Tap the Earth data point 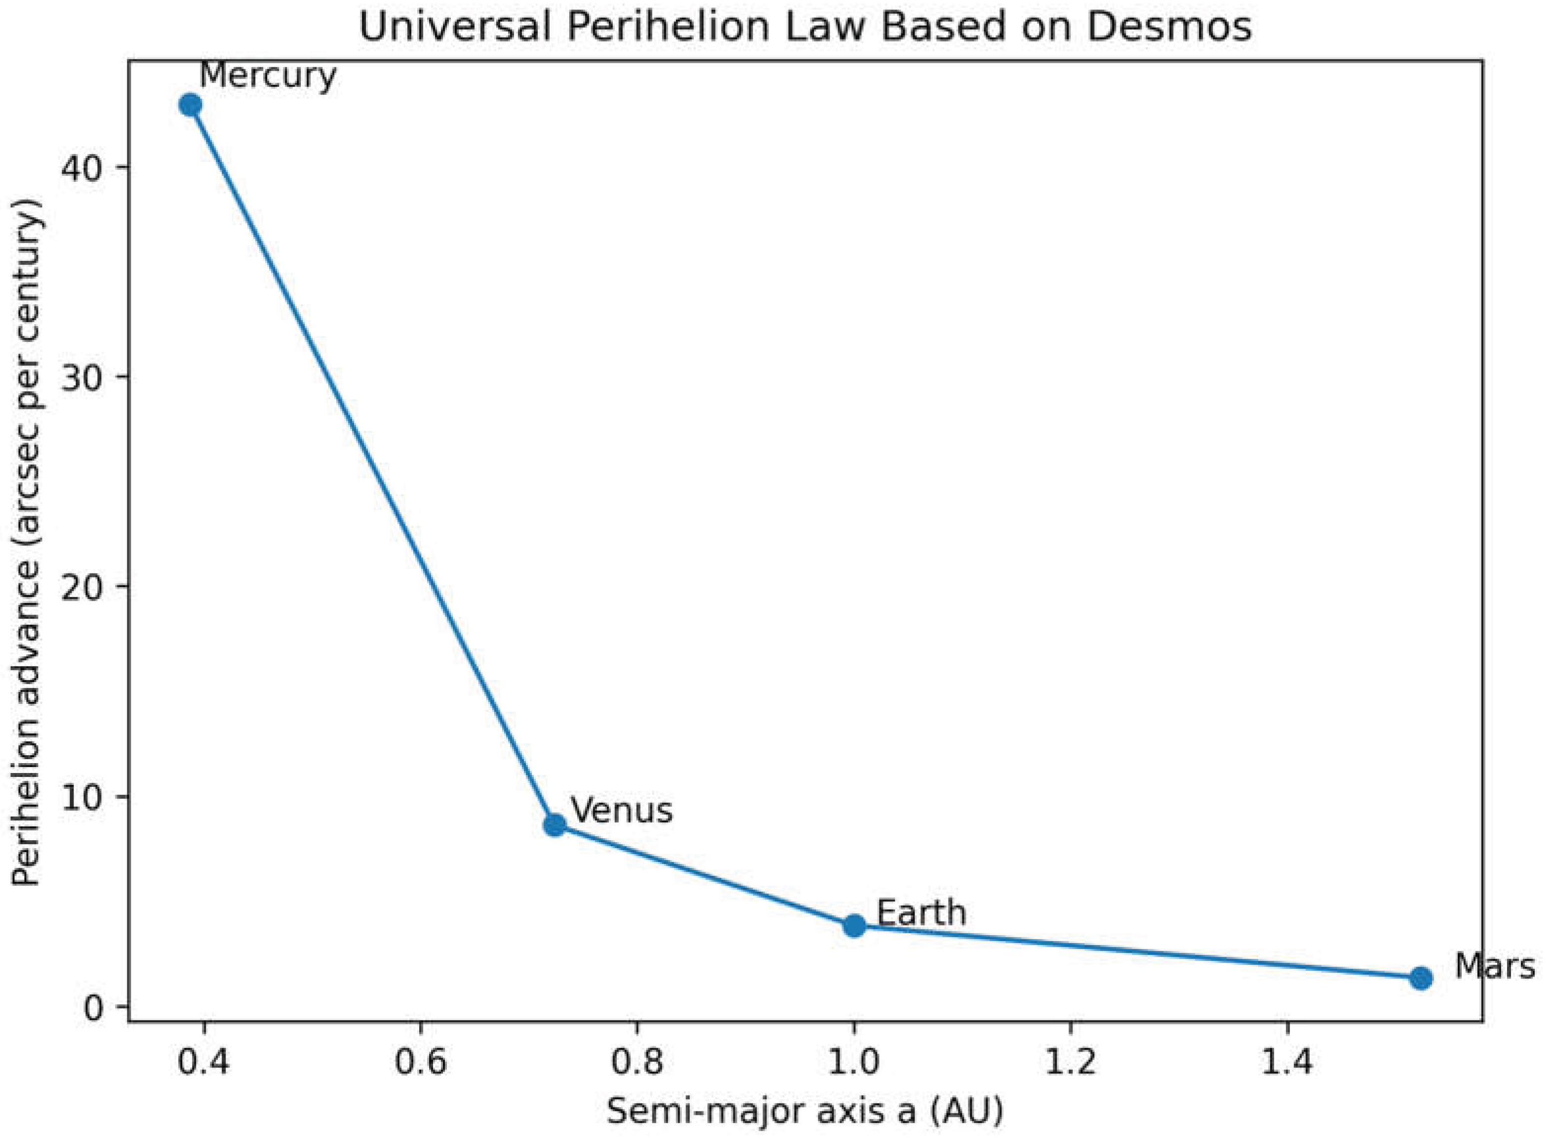(x=854, y=926)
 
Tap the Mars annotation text (x=1494, y=967)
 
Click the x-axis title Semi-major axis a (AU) (x=805, y=1111)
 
